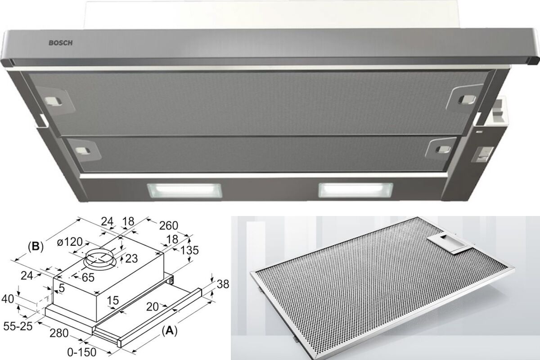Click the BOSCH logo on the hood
tap(60, 43)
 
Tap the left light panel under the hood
tap(184, 190)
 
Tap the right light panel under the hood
tap(355, 190)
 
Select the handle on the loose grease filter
tap(444, 244)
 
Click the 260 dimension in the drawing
tap(168, 225)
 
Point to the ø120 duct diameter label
tap(70, 242)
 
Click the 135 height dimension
tap(189, 250)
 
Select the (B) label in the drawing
tap(36, 247)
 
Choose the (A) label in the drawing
tap(170, 331)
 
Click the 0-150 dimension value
tap(82, 352)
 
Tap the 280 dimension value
tap(59, 333)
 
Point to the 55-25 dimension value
tap(18, 326)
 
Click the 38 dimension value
tap(223, 284)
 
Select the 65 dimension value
tap(88, 278)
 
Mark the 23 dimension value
tap(131, 259)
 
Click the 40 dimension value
tap(8, 299)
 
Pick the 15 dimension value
tap(113, 301)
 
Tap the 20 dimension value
tap(153, 307)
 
